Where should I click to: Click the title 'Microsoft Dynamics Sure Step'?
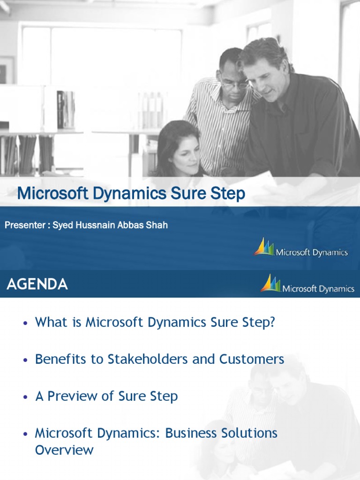tap(131, 194)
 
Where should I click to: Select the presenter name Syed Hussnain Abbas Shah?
tap(110, 225)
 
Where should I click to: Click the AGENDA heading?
tap(37, 284)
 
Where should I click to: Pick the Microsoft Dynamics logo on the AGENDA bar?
tap(307, 285)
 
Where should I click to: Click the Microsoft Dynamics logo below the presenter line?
tap(301, 248)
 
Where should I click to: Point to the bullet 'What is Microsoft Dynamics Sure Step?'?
tap(154, 322)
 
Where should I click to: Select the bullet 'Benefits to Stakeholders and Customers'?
tap(159, 360)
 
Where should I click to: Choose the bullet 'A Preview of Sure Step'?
tap(106, 396)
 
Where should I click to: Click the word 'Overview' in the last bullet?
tap(64, 450)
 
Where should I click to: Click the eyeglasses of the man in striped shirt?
tap(234, 85)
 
